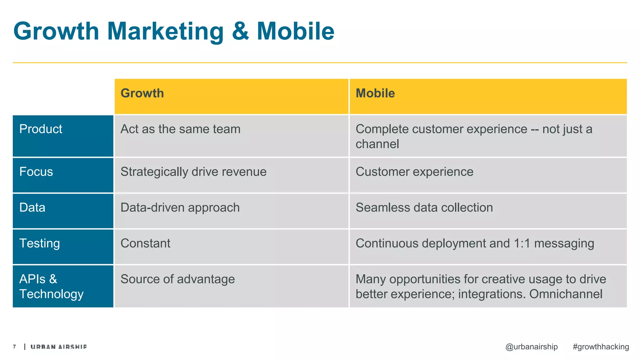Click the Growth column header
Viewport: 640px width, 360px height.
pyautogui.click(x=142, y=93)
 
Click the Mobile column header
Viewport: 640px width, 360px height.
pyautogui.click(x=375, y=93)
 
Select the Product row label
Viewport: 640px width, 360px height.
pyautogui.click(x=41, y=129)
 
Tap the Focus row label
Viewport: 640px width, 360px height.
pyautogui.click(x=36, y=172)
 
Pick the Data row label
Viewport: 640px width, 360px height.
pyautogui.click(x=32, y=207)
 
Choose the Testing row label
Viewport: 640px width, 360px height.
pyautogui.click(x=40, y=243)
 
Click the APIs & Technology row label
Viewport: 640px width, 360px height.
pyautogui.click(x=52, y=287)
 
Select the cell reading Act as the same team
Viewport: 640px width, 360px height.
pyautogui.click(x=181, y=129)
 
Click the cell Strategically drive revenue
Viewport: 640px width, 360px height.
pyautogui.click(x=193, y=172)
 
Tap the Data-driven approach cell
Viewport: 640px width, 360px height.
pyautogui.click(x=180, y=207)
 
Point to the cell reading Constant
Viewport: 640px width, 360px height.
pyautogui.click(x=146, y=243)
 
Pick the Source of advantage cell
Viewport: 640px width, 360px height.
pyautogui.click(x=177, y=279)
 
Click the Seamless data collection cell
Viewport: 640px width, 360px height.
pyautogui.click(x=424, y=207)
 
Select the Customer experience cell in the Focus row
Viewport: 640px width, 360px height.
pyautogui.click(x=414, y=172)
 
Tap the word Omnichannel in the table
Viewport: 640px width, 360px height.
pyautogui.click(x=566, y=294)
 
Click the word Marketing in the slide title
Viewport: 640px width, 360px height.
pyautogui.click(x=165, y=32)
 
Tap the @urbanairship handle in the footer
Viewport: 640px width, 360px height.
pyautogui.click(x=531, y=347)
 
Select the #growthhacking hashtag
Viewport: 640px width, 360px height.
pyautogui.click(x=601, y=347)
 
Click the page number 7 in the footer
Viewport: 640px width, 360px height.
pyautogui.click(x=14, y=347)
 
